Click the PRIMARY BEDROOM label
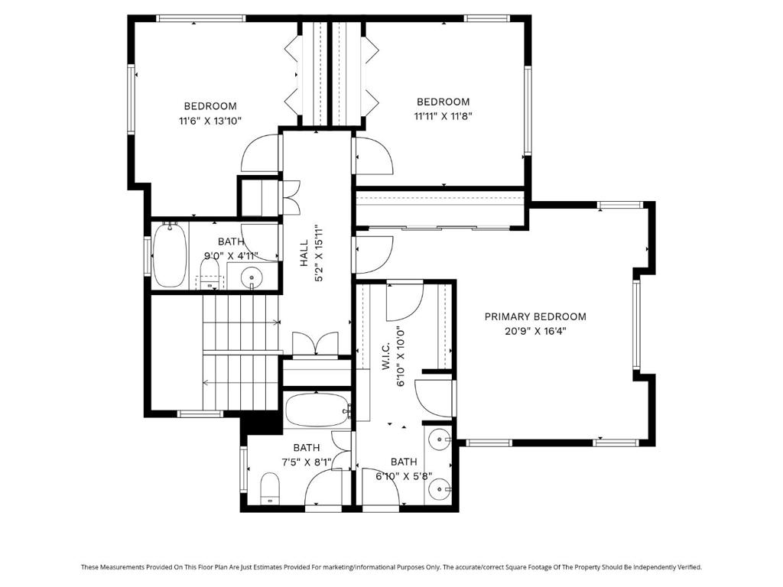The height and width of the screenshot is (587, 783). coord(535,316)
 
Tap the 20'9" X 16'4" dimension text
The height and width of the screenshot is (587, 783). coord(535,331)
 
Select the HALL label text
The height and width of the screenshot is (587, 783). coord(304,253)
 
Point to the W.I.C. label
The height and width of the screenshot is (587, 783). coord(386,356)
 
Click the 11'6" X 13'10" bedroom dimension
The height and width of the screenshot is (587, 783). coord(210,120)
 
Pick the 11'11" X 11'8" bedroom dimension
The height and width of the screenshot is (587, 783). coord(443,116)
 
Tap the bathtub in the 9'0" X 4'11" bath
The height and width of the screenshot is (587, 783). coord(170,255)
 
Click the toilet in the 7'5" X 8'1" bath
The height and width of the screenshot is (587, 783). coord(270,488)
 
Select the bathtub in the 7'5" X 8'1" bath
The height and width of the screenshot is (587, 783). coord(318,410)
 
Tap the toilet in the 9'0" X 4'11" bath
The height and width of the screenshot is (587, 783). coord(210,275)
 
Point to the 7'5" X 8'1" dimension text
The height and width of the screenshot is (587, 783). coord(307,462)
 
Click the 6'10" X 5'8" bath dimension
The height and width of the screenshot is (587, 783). coord(404,476)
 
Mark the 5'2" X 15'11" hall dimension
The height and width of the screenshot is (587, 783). coord(319,253)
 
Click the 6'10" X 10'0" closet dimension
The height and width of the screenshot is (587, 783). coord(400,356)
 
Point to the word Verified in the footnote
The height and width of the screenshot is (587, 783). coord(690,567)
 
